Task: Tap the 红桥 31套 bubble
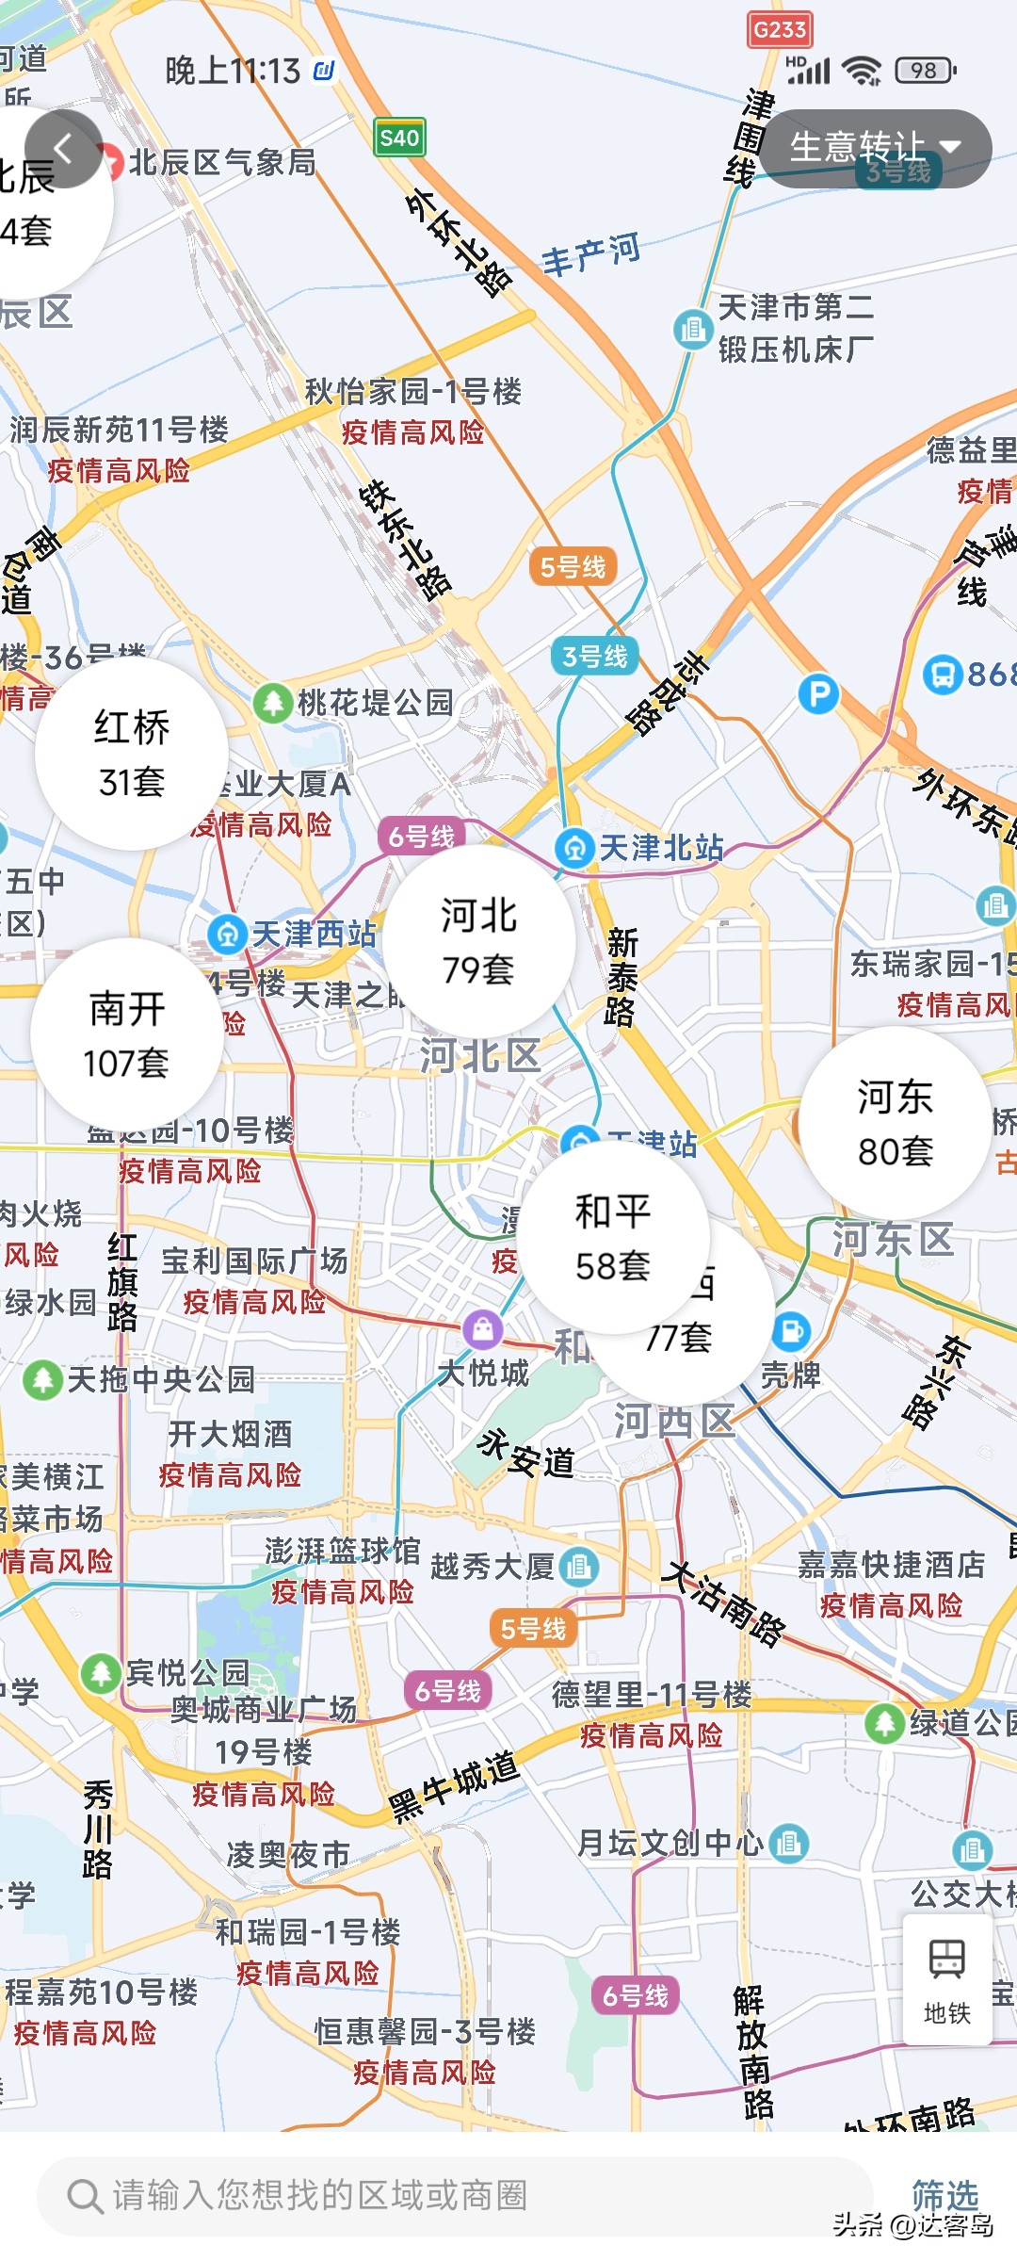132,754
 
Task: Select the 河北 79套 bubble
479,940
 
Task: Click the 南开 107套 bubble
127,1033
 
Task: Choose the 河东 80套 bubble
895,1123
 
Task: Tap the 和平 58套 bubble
613,1237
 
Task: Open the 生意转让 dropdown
875,148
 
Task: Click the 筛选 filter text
944,2194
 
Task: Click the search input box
452,2195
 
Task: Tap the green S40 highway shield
399,138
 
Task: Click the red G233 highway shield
780,30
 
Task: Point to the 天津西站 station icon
227,935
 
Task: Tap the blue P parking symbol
817,694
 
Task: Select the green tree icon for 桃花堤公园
273,702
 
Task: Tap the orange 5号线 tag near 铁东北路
573,566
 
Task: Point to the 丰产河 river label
590,253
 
